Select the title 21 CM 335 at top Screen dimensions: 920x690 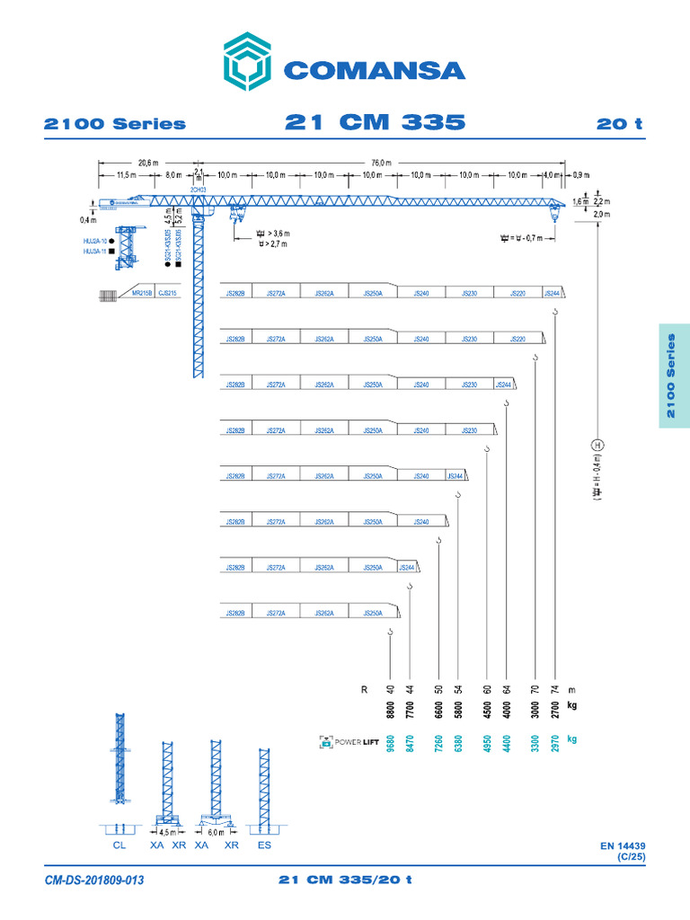pos(375,122)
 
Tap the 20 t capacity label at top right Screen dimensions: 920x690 pos(620,124)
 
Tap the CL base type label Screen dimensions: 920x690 pos(120,846)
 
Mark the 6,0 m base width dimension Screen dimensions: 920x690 pos(216,832)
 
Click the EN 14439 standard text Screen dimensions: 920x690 pos(623,845)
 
